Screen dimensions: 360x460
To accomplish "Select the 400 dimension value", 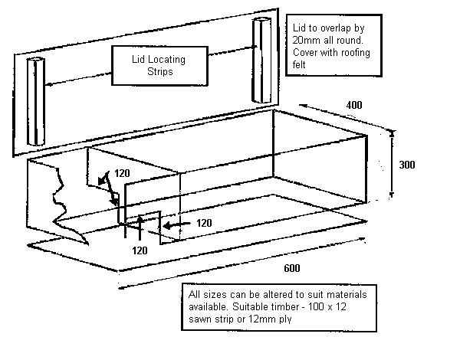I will pyautogui.click(x=333, y=104).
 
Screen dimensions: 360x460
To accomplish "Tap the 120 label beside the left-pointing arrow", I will pyautogui.click(x=204, y=223).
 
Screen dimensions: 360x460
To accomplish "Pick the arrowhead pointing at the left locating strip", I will pyautogui.click(x=48, y=84).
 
